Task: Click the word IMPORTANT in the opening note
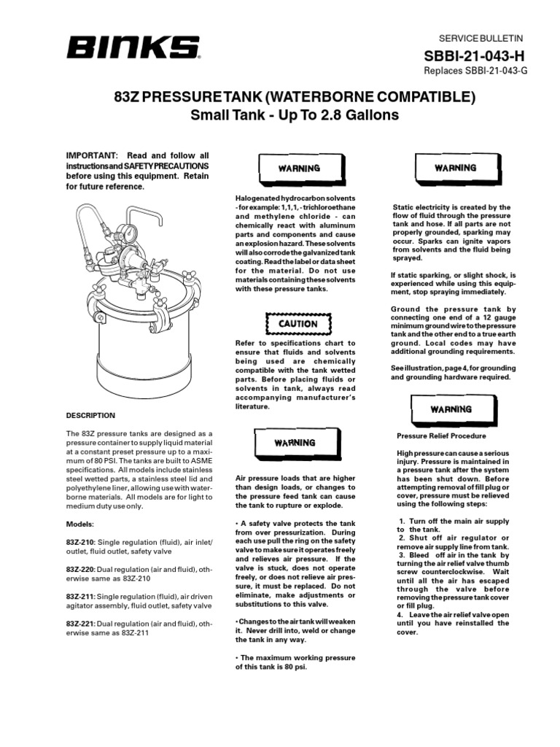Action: coord(92,156)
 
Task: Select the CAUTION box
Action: coord(298,323)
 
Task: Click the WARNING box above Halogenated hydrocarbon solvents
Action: coord(298,169)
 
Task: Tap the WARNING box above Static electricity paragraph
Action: coord(455,168)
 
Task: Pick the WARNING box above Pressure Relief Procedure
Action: coord(451,410)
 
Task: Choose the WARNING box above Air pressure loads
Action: coord(295,443)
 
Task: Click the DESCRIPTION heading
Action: coord(90,415)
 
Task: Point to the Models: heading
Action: coord(80,524)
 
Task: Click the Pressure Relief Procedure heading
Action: coord(441,436)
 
